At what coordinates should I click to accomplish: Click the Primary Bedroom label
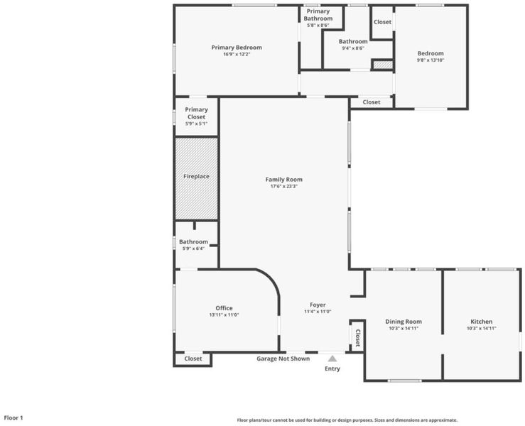(x=237, y=48)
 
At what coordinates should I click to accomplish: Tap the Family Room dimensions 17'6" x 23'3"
(x=284, y=186)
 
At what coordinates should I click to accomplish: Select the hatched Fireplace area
(x=197, y=178)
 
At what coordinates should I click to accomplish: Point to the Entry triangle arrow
(x=332, y=359)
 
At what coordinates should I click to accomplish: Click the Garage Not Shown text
(x=283, y=359)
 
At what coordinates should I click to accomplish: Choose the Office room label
(x=224, y=308)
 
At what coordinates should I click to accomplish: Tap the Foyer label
(x=318, y=305)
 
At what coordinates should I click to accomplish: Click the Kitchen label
(x=482, y=322)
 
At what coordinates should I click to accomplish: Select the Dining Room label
(x=404, y=322)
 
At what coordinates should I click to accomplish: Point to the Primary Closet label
(x=197, y=113)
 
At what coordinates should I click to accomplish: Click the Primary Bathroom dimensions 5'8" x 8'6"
(x=318, y=25)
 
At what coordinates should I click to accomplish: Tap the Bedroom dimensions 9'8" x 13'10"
(x=431, y=60)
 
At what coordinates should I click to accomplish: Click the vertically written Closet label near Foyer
(x=357, y=338)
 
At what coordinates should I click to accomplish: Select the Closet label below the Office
(x=193, y=359)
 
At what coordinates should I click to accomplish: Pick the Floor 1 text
(x=13, y=417)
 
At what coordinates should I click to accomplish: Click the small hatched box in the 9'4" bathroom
(x=383, y=65)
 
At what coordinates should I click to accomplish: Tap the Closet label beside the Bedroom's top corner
(x=382, y=22)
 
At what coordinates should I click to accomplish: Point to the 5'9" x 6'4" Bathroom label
(x=193, y=241)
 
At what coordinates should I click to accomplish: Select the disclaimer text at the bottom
(x=347, y=420)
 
